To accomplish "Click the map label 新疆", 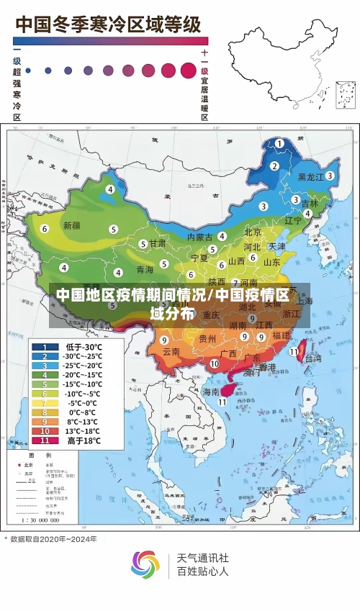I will click(71, 225).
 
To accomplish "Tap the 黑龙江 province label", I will click(311, 176).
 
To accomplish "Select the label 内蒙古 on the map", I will click(199, 237).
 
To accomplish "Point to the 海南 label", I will click(210, 392).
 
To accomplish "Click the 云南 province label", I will click(171, 352).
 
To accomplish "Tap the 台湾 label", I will click(313, 358).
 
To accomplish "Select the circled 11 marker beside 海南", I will click(222, 402).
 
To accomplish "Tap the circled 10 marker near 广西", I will click(214, 364).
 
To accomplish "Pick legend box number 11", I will click(45, 440).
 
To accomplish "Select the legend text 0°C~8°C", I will click(84, 412).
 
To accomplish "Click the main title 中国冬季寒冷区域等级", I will click(108, 24).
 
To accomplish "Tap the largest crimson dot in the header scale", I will click(188, 70).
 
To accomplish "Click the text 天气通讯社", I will click(203, 557).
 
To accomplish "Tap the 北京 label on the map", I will click(253, 232).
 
